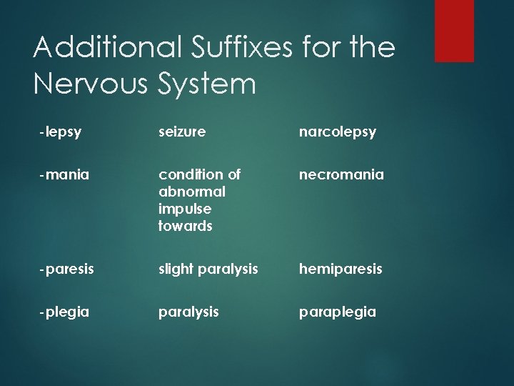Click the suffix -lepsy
point(61,132)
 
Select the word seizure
point(182,132)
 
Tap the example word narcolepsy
point(337,132)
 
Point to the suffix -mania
point(64,174)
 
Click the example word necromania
point(341,174)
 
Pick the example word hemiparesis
point(341,269)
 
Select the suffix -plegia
point(64,312)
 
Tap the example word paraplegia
point(337,312)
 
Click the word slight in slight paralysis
point(173,269)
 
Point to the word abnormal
point(191,192)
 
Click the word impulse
point(185,209)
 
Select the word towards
point(186,226)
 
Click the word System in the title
point(203,84)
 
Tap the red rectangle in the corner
point(454,30)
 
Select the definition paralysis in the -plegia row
point(188,312)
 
